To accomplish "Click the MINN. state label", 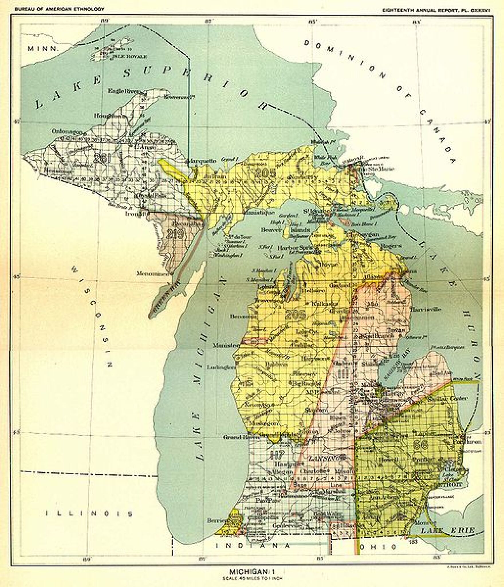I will pos(43,48).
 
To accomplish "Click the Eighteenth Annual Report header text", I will pos(436,9).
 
